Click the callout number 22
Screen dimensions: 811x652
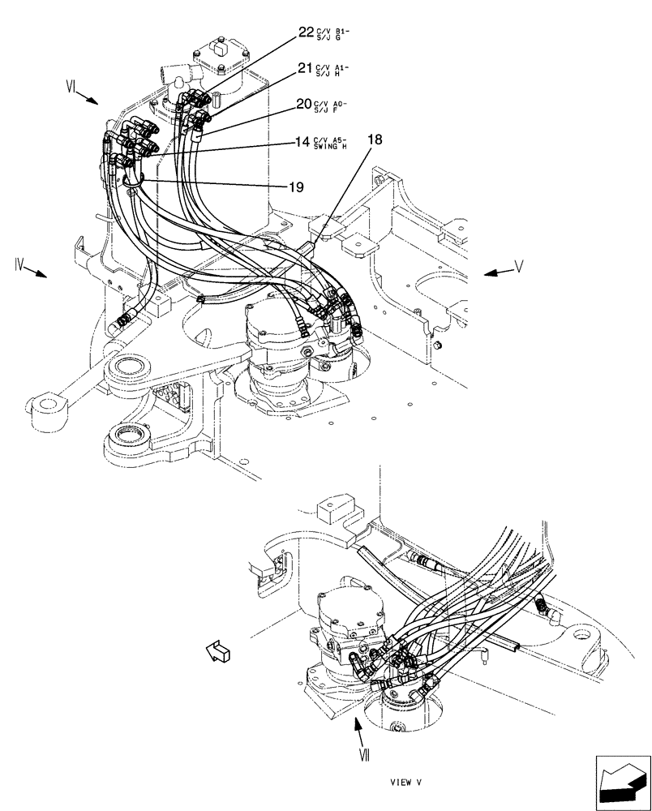[x=305, y=32]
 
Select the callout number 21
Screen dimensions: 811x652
[x=304, y=69]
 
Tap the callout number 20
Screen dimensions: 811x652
[x=303, y=104]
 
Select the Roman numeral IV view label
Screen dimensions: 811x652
[x=20, y=264]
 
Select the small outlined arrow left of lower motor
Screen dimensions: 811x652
[x=218, y=649]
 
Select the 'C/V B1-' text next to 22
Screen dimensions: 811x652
[x=329, y=31]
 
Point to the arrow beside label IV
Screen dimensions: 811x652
[x=37, y=272]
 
